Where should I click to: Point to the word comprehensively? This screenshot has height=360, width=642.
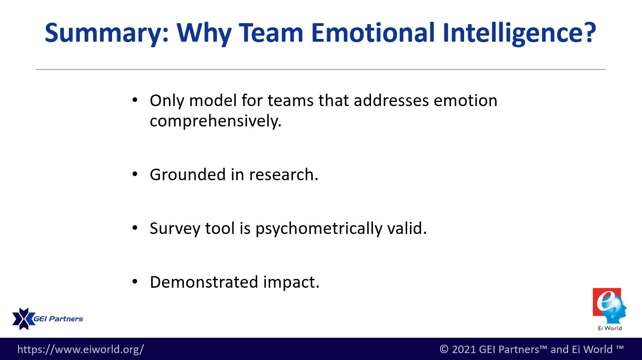(215, 120)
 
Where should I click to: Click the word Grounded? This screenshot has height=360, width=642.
(188, 174)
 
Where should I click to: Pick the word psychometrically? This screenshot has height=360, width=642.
(319, 229)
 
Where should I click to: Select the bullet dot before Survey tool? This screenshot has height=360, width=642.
(135, 228)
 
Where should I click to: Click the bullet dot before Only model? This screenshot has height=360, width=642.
(135, 100)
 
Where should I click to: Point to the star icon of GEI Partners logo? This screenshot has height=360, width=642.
(24, 319)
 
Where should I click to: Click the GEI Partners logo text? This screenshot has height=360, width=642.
(58, 319)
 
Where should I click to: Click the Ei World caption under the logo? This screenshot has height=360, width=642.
(610, 328)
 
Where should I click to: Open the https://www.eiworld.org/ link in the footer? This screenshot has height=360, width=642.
(81, 349)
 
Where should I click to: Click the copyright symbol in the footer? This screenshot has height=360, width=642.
(444, 349)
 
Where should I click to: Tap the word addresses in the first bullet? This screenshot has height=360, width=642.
(391, 101)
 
